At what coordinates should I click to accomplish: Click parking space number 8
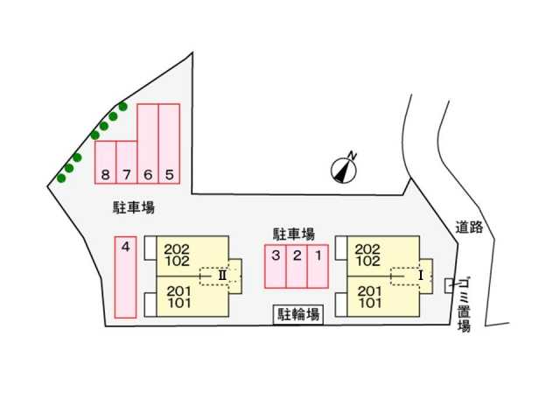(105, 162)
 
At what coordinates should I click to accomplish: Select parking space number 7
(127, 162)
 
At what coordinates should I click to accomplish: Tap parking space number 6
(148, 143)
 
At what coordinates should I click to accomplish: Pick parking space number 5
(169, 143)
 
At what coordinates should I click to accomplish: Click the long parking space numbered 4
(125, 277)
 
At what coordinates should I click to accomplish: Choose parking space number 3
(276, 266)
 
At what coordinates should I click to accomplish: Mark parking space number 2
(297, 266)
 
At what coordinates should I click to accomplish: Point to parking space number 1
(318, 266)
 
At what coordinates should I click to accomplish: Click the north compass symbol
(345, 168)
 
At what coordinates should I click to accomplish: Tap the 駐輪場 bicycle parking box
(298, 315)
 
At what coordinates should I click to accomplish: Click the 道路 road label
(469, 227)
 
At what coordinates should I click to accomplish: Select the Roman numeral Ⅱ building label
(222, 276)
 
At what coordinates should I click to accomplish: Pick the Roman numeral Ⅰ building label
(421, 276)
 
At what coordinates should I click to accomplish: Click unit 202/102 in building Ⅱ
(192, 255)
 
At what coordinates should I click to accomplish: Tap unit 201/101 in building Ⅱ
(192, 297)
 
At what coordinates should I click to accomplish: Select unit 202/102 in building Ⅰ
(383, 255)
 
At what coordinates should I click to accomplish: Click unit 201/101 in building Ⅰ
(383, 297)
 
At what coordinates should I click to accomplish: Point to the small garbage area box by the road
(449, 286)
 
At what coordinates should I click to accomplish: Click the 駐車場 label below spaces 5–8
(134, 207)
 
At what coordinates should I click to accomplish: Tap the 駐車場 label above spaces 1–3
(294, 234)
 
